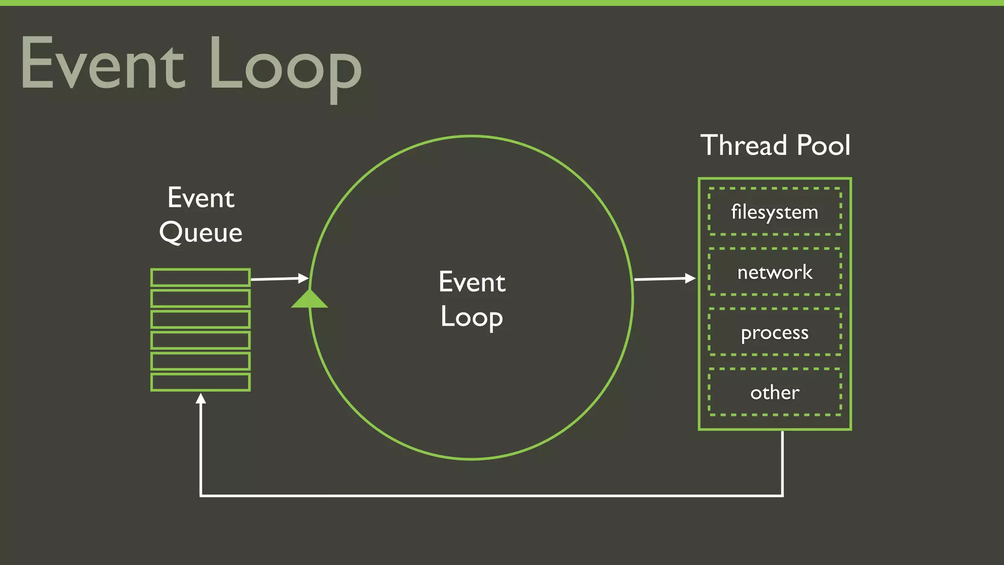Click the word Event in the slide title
point(103,64)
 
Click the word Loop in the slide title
point(285,66)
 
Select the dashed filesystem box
point(775,212)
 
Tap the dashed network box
point(775,272)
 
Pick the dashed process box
point(775,332)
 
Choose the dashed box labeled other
point(775,392)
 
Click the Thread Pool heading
point(775,145)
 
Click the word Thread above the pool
point(744,145)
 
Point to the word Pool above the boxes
point(824,145)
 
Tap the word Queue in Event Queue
point(201,232)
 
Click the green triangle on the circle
point(309,299)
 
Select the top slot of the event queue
point(201,278)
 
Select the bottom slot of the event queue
point(201,382)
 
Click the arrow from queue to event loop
point(279,279)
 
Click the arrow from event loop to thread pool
point(664,279)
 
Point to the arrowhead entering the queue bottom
point(201,398)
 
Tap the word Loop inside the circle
point(472,317)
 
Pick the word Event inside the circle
point(472,282)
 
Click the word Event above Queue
point(201,198)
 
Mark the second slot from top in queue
point(201,298)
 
